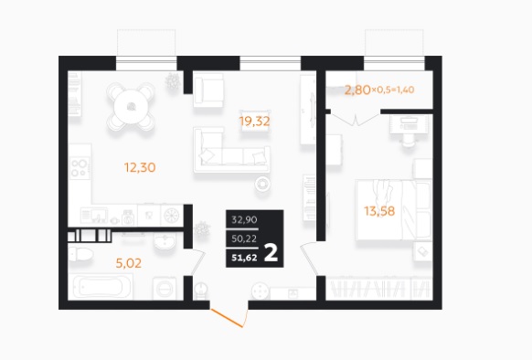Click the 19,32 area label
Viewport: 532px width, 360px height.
254,122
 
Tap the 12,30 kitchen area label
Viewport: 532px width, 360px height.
140,167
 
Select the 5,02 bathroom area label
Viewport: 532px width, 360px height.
129,263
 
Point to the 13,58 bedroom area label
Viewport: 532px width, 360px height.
379,211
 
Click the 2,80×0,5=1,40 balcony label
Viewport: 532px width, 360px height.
379,90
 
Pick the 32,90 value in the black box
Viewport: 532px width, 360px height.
244,220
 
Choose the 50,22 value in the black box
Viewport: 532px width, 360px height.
244,238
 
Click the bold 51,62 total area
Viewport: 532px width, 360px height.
244,258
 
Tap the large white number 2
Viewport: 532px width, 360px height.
271,253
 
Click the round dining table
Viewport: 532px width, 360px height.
131,107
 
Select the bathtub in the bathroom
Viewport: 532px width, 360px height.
100,287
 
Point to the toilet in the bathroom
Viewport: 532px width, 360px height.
80,255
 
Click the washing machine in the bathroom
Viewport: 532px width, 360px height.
165,289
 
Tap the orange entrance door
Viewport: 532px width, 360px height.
227,318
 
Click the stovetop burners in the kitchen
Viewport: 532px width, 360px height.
80,169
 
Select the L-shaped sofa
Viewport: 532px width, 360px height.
232,151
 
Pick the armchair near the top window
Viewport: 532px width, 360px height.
208,90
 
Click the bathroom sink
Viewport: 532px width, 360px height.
165,242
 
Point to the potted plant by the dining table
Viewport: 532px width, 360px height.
173,81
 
